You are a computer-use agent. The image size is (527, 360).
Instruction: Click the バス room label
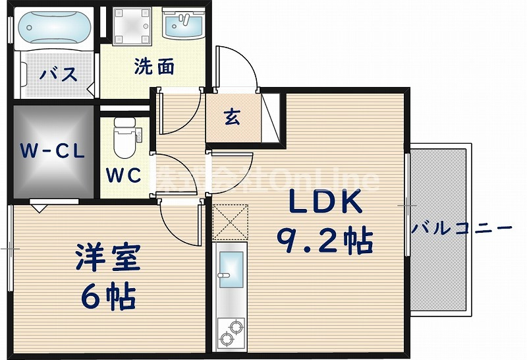pyautogui.click(x=58, y=74)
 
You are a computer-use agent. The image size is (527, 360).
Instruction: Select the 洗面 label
pyautogui.click(x=154, y=67)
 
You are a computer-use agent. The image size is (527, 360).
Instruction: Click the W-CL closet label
pyautogui.click(x=51, y=151)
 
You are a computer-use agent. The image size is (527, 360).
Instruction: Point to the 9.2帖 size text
pyautogui.click(x=324, y=241)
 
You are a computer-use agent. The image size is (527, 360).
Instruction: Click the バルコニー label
pyautogui.click(x=461, y=229)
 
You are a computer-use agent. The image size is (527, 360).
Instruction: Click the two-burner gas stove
pyautogui.click(x=230, y=330)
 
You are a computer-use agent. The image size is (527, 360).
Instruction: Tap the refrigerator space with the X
pyautogui.click(x=230, y=222)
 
